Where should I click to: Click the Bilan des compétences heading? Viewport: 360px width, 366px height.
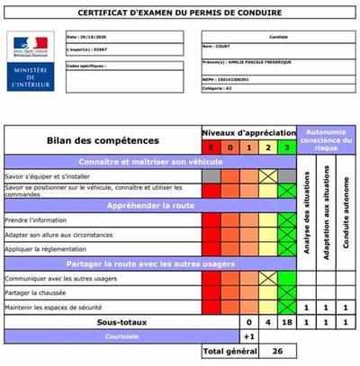[x=102, y=141]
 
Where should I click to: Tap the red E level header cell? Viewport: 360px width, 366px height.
[x=211, y=147]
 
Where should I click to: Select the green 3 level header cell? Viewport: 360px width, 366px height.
[x=287, y=147]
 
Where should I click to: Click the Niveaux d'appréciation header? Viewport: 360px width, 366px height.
[x=248, y=130]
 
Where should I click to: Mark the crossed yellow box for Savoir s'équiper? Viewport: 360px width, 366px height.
[x=267, y=176]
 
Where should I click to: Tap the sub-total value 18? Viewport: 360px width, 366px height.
[x=287, y=321]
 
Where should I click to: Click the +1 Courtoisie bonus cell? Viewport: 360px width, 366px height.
[x=248, y=336]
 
